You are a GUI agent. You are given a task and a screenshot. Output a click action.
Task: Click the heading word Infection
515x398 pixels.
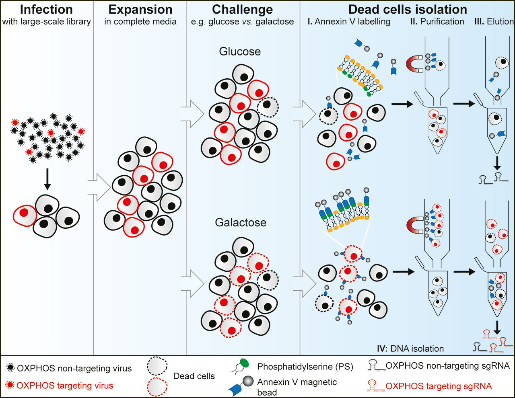(46, 9)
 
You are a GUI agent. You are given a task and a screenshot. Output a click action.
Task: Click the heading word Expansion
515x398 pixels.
(140, 9)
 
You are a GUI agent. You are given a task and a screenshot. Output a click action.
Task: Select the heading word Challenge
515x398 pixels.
(242, 9)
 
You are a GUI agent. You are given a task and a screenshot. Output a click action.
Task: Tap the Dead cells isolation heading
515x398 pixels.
(408, 9)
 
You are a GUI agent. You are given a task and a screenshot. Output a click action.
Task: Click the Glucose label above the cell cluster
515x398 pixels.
(240, 51)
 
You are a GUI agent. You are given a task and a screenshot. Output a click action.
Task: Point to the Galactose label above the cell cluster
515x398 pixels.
(241, 222)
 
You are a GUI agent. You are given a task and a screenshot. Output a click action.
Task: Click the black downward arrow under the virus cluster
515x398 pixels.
(47, 178)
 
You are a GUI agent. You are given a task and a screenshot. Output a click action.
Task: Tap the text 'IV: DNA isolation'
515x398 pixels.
(410, 349)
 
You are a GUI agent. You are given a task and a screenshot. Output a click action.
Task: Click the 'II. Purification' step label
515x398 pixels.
(437, 22)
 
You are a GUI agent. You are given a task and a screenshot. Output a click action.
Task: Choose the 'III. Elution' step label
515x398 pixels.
(494, 22)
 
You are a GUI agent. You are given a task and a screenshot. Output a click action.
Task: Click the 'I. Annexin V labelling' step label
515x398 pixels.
(349, 22)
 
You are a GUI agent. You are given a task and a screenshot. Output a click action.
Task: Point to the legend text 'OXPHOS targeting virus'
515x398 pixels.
(65, 386)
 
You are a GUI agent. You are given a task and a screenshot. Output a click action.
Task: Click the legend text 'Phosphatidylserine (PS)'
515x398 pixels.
(305, 367)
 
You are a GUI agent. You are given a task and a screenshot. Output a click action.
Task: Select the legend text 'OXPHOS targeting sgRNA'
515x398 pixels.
(439, 386)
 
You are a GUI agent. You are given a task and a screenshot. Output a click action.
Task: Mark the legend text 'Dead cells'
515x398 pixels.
(194, 376)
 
